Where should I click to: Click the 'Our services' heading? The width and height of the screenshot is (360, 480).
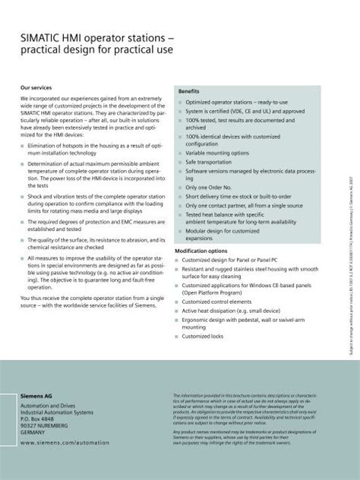pyautogui.click(x=38, y=88)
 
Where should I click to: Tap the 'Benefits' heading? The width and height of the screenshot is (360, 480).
pyautogui.click(x=188, y=90)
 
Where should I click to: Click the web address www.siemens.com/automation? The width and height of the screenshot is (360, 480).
pyautogui.click(x=65, y=441)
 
